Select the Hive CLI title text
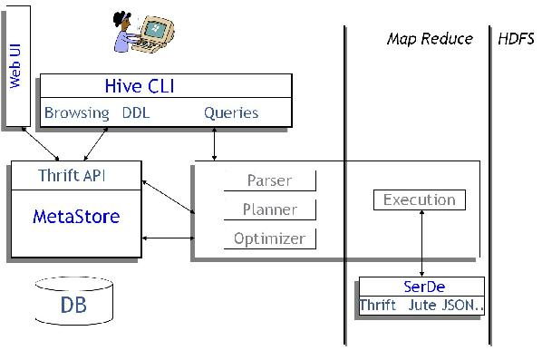pos(140,87)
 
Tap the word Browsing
pos(77,113)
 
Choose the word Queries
pos(231,113)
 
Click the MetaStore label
pos(76,217)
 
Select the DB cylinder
pos(74,304)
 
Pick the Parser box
pos(270,180)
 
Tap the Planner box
pos(270,209)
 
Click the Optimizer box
pos(270,239)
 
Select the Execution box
pos(419,199)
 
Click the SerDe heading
pos(423,286)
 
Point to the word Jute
pos(422,305)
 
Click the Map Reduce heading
pos(430,38)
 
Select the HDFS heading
pos(516,38)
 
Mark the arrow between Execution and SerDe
pos(422,242)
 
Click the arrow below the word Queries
pos(214,144)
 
